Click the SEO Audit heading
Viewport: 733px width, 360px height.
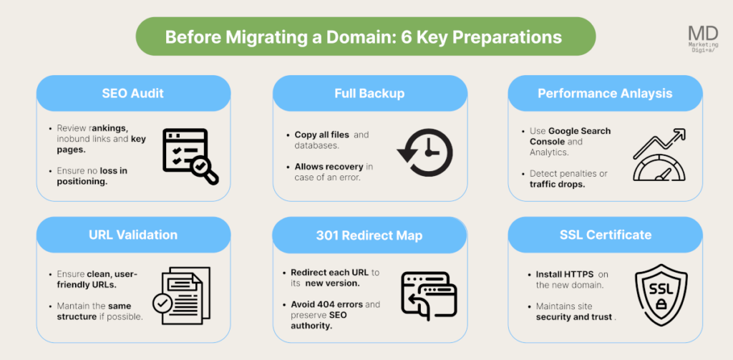[x=133, y=94]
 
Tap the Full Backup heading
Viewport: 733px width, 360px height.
[x=369, y=94]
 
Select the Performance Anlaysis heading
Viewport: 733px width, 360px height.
[x=605, y=94]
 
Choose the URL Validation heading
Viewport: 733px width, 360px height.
[x=133, y=235]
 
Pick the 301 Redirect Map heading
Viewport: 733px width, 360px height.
[x=369, y=235]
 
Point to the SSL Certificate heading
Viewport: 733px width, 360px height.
[x=605, y=235]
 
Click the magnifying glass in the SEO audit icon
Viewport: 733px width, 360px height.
[x=204, y=170]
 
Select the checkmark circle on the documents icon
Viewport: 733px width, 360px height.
[x=163, y=304]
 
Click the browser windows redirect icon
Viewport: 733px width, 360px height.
[x=429, y=294]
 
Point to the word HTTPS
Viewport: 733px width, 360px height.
[x=579, y=274]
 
